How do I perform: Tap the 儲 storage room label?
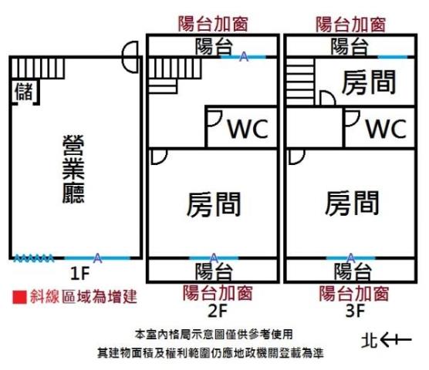point(23,91)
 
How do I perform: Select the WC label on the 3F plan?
point(385,128)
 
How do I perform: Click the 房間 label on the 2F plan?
point(213,204)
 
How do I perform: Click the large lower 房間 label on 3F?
point(351,203)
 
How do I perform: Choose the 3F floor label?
point(354,311)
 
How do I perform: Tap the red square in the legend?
point(19,296)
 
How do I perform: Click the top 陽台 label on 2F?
point(214,46)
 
